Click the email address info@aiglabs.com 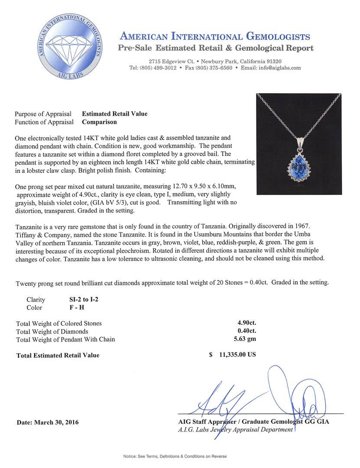point(277,68)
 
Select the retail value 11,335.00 point(238,354)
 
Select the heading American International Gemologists point(214,36)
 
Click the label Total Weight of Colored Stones point(59,323)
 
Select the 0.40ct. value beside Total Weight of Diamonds point(245,331)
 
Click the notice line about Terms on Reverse point(175,456)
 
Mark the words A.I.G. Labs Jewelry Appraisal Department point(235,429)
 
